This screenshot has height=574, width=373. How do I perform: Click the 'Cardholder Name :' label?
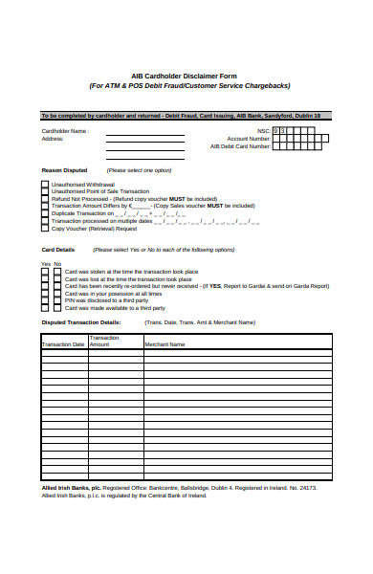pyautogui.click(x=66, y=131)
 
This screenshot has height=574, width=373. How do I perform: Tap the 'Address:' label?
pyautogui.click(x=53, y=139)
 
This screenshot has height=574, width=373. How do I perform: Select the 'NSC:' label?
pyautogui.click(x=264, y=130)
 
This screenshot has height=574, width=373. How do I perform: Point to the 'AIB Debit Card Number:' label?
pyautogui.click(x=241, y=147)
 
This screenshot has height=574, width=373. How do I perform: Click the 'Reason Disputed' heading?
pyautogui.click(x=63, y=170)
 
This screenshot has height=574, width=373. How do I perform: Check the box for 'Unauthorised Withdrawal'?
pyautogui.click(x=44, y=184)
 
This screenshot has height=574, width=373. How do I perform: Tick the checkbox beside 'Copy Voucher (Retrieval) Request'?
pyautogui.click(x=44, y=229)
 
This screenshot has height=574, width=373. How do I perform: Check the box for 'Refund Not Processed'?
pyautogui.click(x=44, y=198)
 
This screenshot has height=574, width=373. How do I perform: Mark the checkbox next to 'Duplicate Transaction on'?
pyautogui.click(x=44, y=213)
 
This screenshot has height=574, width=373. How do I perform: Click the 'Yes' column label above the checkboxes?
pyautogui.click(x=45, y=263)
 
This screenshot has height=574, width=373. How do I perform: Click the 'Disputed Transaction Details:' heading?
pyautogui.click(x=80, y=322)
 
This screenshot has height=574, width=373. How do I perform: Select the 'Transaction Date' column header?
pyautogui.click(x=64, y=342)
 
